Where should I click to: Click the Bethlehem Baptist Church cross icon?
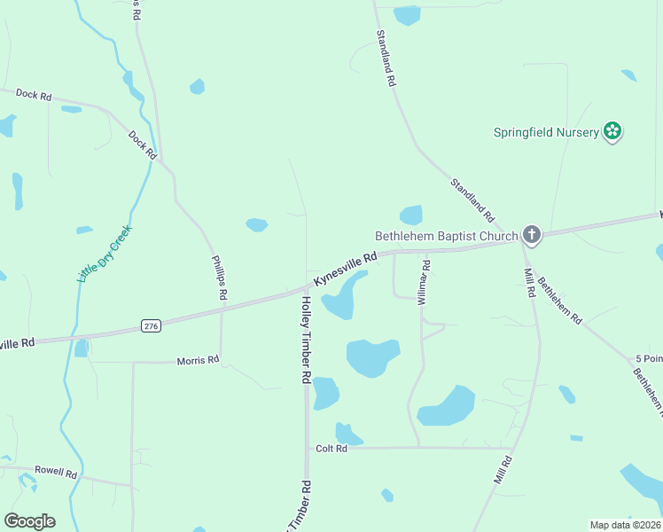pos(531,234)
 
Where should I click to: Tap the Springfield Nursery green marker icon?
pos(612,132)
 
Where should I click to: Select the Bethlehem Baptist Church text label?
pos(446,236)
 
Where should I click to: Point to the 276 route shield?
pos(152,327)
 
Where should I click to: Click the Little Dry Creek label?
pos(105,254)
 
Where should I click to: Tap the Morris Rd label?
pos(198,360)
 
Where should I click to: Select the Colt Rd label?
pos(331,449)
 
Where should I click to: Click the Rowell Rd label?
pos(56,472)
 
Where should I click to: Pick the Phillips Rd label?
pos(220,277)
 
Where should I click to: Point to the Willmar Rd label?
pos(424,281)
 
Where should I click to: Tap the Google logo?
pos(29,521)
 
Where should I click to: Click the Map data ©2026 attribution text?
pos(624,525)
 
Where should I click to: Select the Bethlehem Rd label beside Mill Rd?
pos(559,300)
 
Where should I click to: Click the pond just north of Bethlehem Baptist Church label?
pos(411,215)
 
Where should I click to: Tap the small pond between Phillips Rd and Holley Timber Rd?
pos(256,224)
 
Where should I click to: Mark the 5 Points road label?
pos(649,359)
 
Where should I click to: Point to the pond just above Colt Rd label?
pos(347,434)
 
